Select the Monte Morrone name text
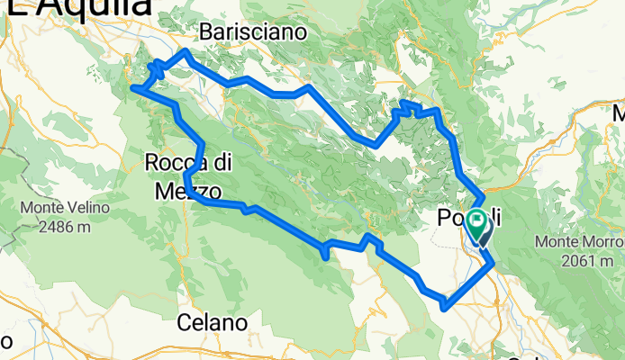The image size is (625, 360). click(579, 242)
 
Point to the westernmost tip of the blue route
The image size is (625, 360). click(133, 87)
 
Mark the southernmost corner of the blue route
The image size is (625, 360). click(443, 308)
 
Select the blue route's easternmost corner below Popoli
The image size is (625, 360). click(492, 263)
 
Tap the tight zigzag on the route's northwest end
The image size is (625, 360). click(155, 67)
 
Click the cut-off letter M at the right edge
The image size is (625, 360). click(619, 114)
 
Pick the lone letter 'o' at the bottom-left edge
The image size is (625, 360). click(5, 341)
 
